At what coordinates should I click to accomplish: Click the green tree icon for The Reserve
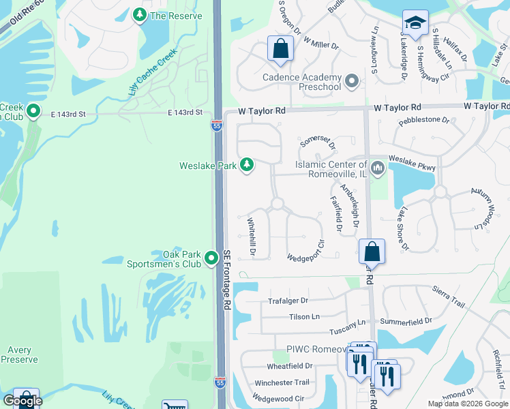click(140, 15)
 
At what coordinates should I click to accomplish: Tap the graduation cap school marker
click(415, 24)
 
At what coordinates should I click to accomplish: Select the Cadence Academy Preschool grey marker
click(352, 82)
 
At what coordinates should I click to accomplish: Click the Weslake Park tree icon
click(247, 165)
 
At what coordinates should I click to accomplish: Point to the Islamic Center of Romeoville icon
click(378, 166)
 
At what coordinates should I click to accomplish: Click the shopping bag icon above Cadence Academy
click(280, 49)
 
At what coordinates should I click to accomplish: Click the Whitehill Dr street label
click(251, 237)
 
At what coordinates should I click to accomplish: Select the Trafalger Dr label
click(288, 300)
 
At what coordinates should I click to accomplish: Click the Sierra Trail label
click(448, 292)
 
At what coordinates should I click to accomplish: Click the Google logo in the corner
click(22, 401)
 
